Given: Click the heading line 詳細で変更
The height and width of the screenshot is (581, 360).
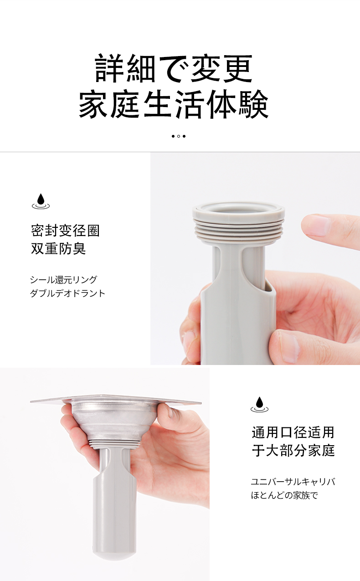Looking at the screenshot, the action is click(174, 68).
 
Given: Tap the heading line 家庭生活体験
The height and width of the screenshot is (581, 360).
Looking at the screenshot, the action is click(174, 104).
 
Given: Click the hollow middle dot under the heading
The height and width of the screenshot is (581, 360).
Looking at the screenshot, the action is click(179, 136).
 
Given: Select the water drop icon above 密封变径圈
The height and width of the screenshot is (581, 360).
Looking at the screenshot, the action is click(41, 201).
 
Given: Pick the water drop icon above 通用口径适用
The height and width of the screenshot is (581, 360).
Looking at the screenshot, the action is click(259, 404).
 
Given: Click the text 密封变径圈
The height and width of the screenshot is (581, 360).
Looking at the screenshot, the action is click(65, 230).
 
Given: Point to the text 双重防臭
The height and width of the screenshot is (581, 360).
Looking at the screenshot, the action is click(58, 248).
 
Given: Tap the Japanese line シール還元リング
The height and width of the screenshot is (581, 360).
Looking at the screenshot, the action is click(63, 280).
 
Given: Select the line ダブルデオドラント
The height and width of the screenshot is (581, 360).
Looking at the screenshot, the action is click(68, 293).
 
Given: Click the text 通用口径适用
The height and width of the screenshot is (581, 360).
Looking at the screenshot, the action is click(293, 432).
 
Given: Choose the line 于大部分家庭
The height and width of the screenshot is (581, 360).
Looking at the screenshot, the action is click(293, 450).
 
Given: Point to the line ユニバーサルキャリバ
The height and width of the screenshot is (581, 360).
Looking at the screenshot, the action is click(293, 482).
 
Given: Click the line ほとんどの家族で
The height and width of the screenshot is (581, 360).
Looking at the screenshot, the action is click(284, 495).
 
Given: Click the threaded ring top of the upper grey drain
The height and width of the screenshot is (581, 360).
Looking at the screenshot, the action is click(239, 222).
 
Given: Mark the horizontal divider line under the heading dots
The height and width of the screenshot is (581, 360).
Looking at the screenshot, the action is click(180, 152).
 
